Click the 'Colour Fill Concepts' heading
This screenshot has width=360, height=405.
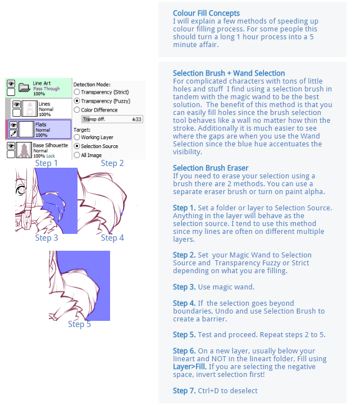(x=206, y=13)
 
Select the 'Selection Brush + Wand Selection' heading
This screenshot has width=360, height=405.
(x=229, y=73)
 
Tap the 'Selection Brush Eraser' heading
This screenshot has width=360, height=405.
(x=211, y=168)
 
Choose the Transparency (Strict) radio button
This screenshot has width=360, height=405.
(x=77, y=92)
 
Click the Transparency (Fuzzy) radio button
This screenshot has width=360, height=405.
(x=77, y=101)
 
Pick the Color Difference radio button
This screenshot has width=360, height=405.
(x=77, y=110)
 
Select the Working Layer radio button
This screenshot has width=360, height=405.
(x=77, y=137)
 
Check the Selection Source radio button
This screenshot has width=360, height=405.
(x=77, y=146)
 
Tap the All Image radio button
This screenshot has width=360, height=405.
(x=77, y=155)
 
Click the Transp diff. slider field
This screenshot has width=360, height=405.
(x=112, y=119)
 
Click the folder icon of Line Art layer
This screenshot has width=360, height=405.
(x=25, y=88)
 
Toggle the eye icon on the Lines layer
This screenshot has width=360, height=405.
(x=16, y=104)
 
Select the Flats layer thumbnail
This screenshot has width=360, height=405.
(x=26, y=129)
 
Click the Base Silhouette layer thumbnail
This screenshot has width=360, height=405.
(x=24, y=150)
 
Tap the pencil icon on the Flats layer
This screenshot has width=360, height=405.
(x=13, y=134)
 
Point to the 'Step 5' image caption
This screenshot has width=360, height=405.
(x=79, y=324)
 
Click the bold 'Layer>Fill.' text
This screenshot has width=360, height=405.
(x=190, y=367)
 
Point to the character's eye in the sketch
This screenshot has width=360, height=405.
(x=21, y=190)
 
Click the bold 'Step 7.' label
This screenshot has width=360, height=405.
(x=184, y=391)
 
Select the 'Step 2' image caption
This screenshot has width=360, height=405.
(x=112, y=163)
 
